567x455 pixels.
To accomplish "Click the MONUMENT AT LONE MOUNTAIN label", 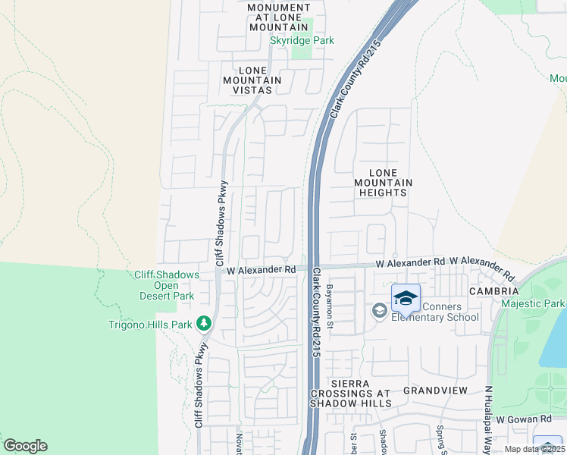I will (x=279, y=17).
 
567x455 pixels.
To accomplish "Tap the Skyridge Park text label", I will (x=302, y=40).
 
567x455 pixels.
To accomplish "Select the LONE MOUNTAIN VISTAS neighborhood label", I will (x=252, y=80).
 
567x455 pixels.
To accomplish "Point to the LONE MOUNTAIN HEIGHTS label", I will (x=384, y=183).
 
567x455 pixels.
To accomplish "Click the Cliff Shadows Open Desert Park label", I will (x=166, y=285).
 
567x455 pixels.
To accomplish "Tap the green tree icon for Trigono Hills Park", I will (x=203, y=324).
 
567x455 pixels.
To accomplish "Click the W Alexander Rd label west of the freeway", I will (x=261, y=269).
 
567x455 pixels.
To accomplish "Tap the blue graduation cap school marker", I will (x=406, y=298).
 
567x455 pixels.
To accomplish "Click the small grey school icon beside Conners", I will (x=378, y=310).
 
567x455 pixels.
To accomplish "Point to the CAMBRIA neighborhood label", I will (x=493, y=291).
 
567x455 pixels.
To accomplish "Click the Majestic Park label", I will (x=533, y=303).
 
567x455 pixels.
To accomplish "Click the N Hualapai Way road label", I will (x=488, y=420).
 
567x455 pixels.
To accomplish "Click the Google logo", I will (x=25, y=446).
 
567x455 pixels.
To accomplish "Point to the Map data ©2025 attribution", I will (x=534, y=449).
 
